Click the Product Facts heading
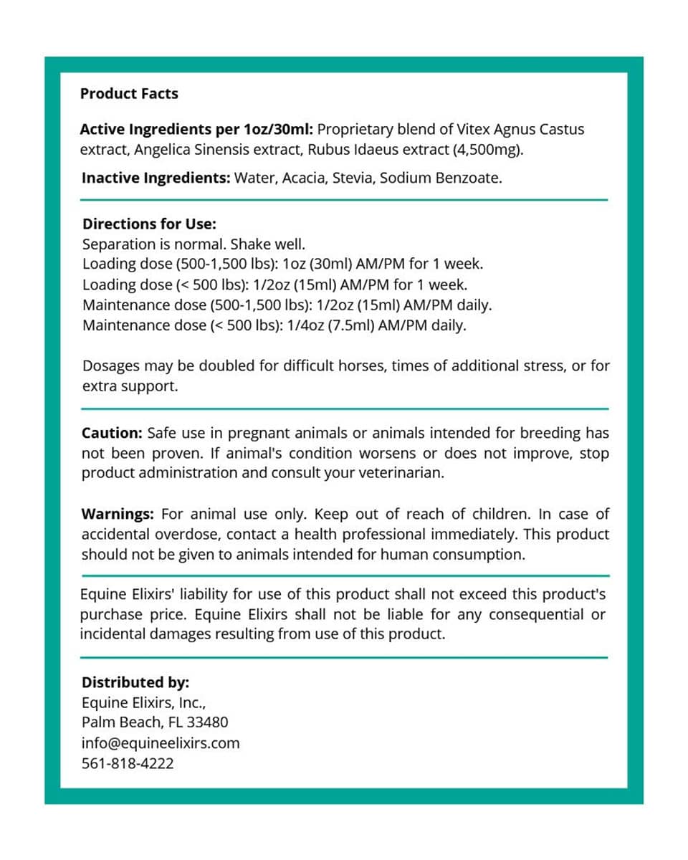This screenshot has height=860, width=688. coord(129,94)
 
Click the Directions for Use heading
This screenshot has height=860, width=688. coord(149,224)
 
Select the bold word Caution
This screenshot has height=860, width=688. coord(112,433)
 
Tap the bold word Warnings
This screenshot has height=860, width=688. coord(118,514)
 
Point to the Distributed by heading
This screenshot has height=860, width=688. coord(135,682)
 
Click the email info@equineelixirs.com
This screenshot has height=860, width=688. coord(161,743)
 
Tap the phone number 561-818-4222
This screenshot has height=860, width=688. coord(128,763)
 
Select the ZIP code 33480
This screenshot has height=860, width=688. coord(206,722)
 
